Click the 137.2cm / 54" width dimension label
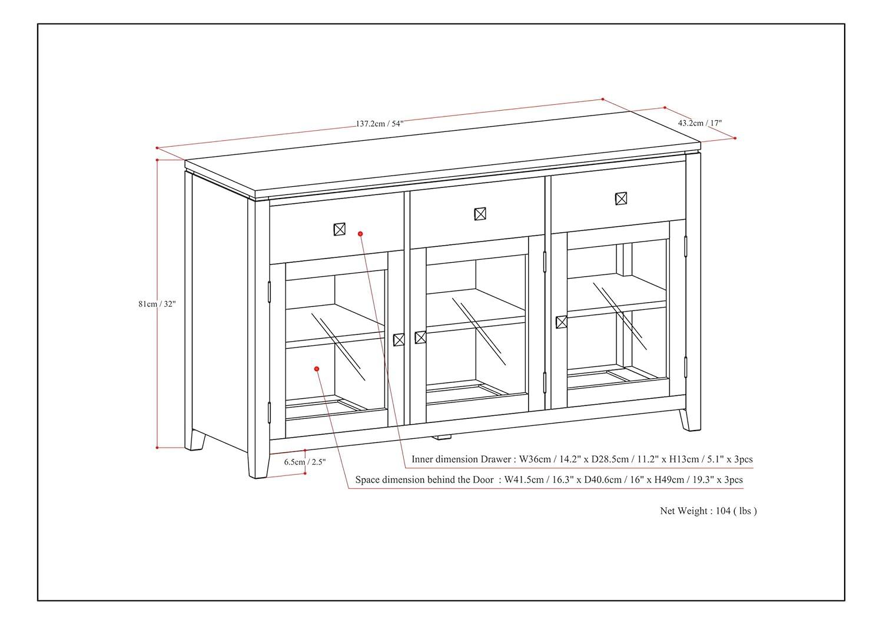(379, 124)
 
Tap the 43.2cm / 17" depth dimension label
(699, 123)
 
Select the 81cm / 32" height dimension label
(157, 304)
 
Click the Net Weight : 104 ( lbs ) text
(708, 511)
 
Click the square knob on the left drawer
(340, 229)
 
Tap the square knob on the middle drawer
(480, 213)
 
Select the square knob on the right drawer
(620, 199)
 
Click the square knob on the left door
(399, 339)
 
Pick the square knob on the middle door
(420, 338)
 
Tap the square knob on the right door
(561, 322)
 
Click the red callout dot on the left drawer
(361, 234)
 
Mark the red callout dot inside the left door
(317, 369)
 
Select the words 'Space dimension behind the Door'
(424, 480)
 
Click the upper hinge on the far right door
(686, 246)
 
